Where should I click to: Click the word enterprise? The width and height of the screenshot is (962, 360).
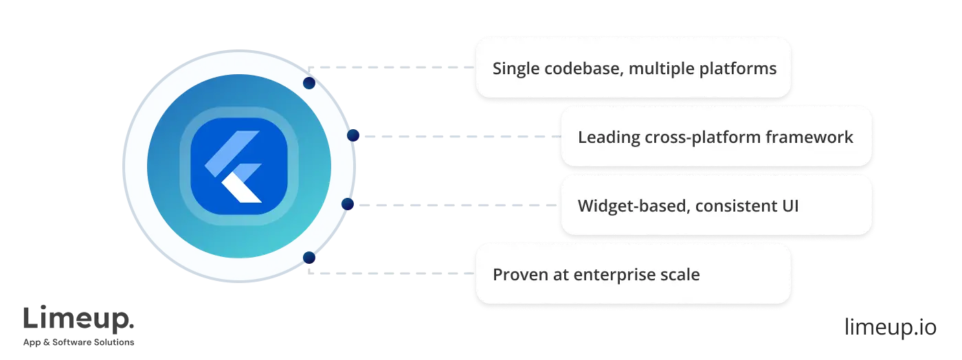609,275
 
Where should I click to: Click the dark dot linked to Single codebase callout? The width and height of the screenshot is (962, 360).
309,83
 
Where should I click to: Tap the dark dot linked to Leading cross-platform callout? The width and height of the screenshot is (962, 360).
354,136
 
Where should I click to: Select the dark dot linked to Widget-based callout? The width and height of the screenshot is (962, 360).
348,205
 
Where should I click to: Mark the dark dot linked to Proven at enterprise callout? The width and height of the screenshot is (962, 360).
309,258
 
